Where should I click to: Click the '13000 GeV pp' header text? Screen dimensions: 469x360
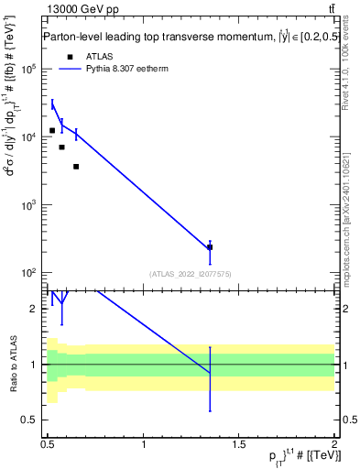pos(82,12)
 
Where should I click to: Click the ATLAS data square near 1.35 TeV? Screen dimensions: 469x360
pos(210,247)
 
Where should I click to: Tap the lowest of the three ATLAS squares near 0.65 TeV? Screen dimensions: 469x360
pos(76,166)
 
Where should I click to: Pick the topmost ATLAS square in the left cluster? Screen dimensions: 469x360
pos(52,130)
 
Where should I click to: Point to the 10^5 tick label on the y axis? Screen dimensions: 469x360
pos(27,69)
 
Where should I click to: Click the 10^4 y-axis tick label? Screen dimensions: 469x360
pos(27,136)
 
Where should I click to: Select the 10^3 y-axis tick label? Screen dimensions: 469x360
pos(27,204)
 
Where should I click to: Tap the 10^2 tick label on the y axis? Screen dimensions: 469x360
pos(27,273)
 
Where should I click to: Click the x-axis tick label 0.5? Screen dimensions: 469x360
pos(48,445)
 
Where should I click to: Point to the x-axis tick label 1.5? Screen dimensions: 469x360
pos(239,445)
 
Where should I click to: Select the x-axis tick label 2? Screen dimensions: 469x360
pos(334,445)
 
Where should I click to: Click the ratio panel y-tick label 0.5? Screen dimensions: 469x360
pos(31,420)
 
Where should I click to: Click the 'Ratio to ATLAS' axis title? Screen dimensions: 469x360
pos(12,365)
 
